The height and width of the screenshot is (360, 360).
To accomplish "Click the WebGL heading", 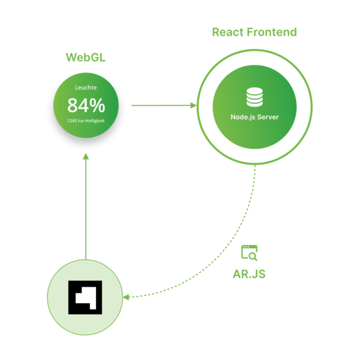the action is coord(85,57).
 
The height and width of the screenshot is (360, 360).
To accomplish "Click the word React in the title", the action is coord(228,32).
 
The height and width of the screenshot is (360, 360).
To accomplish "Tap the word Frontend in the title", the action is coord(272,32).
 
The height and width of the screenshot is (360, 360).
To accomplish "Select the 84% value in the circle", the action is coord(86,105).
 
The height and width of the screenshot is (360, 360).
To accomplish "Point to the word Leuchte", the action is coord(86,87).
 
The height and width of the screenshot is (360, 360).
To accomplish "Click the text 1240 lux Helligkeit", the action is coord(86,120).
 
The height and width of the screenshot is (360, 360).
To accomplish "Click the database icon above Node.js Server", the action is coord(255,97).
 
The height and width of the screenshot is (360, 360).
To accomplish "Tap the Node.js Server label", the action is coord(255,117).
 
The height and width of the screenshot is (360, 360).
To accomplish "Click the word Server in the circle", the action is coord(268,117).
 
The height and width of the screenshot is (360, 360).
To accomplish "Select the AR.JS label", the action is coord(249,274).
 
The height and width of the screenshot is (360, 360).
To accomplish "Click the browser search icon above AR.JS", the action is coord(249,253).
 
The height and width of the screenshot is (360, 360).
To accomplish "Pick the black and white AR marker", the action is coord(85,297).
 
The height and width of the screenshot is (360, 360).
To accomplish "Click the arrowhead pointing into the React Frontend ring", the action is coord(193,105).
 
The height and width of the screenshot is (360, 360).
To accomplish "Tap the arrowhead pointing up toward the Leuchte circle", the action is coord(85,157).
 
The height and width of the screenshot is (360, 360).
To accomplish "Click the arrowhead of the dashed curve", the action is coord(126,297).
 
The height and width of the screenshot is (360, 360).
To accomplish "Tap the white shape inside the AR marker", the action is coord(85,298).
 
